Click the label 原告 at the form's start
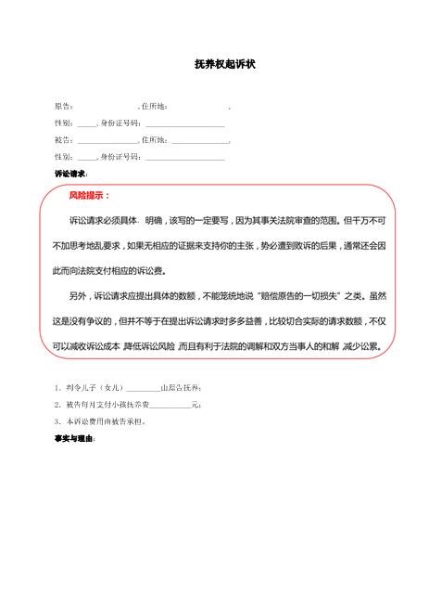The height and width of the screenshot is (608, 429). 62,107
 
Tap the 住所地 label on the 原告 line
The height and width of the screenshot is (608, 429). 153,107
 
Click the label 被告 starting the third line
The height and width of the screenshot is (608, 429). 62,140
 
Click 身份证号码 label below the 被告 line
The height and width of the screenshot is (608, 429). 120,157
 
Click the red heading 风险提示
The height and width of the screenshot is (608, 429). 89,196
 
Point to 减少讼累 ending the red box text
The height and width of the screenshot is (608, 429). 363,346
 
